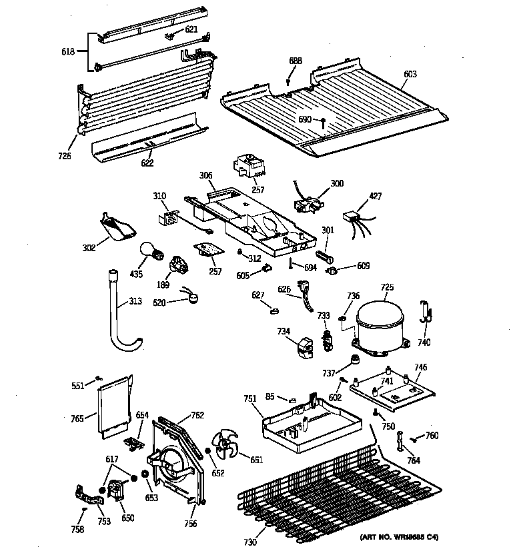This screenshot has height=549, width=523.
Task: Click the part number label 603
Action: (x=410, y=74)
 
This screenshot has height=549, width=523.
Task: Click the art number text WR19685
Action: (x=410, y=536)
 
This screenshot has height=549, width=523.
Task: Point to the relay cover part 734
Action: (x=304, y=348)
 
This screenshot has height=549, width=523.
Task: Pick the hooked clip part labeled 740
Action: (x=424, y=313)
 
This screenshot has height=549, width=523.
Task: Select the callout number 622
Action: (x=147, y=163)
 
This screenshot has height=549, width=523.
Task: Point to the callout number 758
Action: (x=77, y=529)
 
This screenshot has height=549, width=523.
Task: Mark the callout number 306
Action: (x=205, y=175)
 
